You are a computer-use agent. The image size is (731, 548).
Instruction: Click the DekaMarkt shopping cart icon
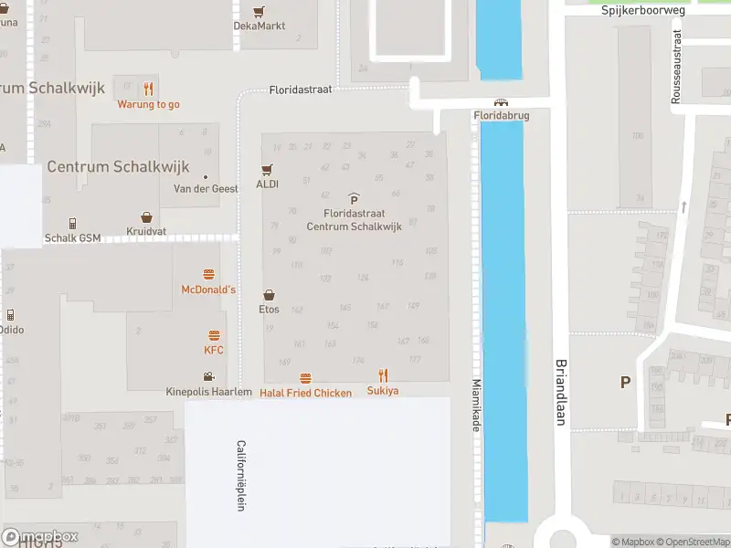pos(260,11)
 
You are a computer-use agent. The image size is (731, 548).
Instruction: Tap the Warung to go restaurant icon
pos(148,89)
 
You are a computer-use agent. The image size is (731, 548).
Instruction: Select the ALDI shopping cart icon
pos(267,169)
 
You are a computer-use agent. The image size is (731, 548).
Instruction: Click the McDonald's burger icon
pos(208,274)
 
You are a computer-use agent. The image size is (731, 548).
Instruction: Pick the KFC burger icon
pos(214,335)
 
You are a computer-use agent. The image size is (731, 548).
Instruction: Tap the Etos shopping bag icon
pos(269,295)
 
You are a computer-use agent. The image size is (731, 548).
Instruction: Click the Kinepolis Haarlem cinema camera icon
pos(208,376)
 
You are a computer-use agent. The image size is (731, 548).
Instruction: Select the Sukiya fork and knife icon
pos(383,375)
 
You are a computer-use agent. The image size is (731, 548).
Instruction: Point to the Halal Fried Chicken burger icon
pos(305,378)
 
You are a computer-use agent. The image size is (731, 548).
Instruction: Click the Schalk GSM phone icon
pos(72,223)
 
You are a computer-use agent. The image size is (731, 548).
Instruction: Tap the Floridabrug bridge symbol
pos(500,102)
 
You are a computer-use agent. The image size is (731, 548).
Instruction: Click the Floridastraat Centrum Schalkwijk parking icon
pos(354,198)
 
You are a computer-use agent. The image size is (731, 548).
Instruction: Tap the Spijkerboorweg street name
pos(643,10)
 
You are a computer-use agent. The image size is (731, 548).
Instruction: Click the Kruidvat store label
pos(145,231)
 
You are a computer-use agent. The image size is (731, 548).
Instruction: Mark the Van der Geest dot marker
pos(206,176)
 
